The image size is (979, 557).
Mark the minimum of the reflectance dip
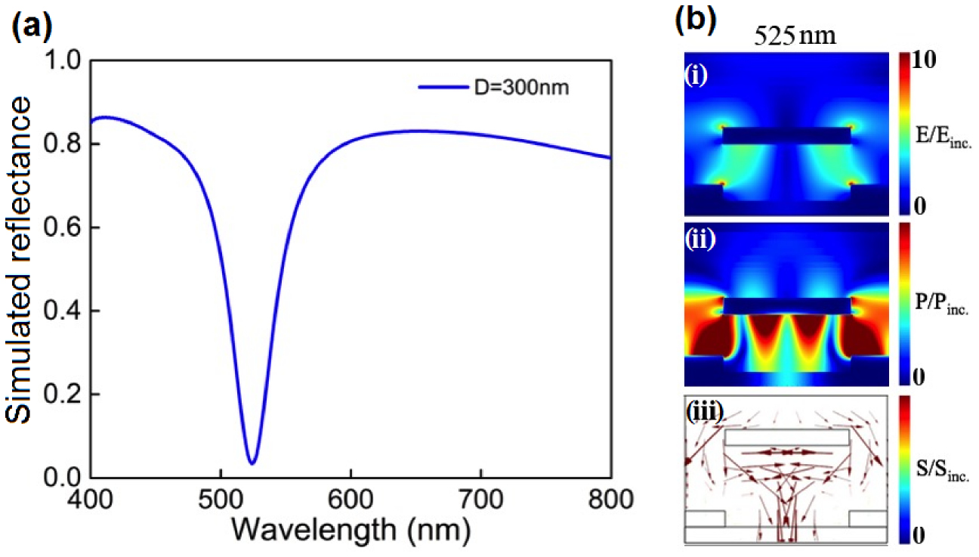pyautogui.click(x=252, y=463)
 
